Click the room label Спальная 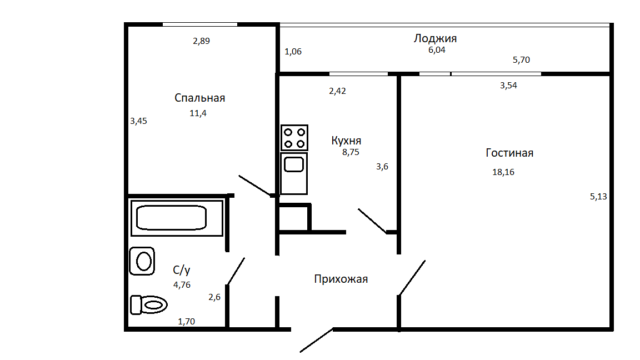pos(199,98)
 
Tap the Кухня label pos(346,141)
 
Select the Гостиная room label pos(509,153)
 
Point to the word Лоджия pos(435,38)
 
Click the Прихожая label pos(341,279)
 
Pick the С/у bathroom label pos(182,271)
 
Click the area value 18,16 pos(503,172)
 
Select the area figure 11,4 pos(198,113)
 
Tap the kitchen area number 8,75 pos(351,151)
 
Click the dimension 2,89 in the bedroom pos(201,41)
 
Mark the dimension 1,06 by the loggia pos(293,52)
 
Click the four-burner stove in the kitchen pos(294,138)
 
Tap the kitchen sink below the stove pos(294,164)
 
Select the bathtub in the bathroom pos(172,217)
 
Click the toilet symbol pos(149,304)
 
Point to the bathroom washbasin pos(142,261)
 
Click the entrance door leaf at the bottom pos(317,340)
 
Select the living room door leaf pos(412,277)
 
